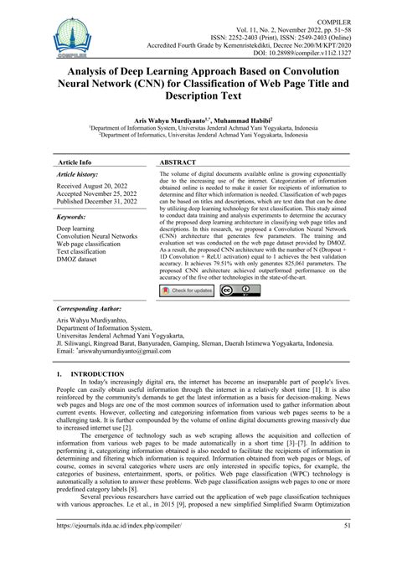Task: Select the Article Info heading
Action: point(74,162)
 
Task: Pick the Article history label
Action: point(77,174)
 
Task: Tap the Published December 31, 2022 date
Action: point(102,203)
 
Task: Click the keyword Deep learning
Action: point(75,227)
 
